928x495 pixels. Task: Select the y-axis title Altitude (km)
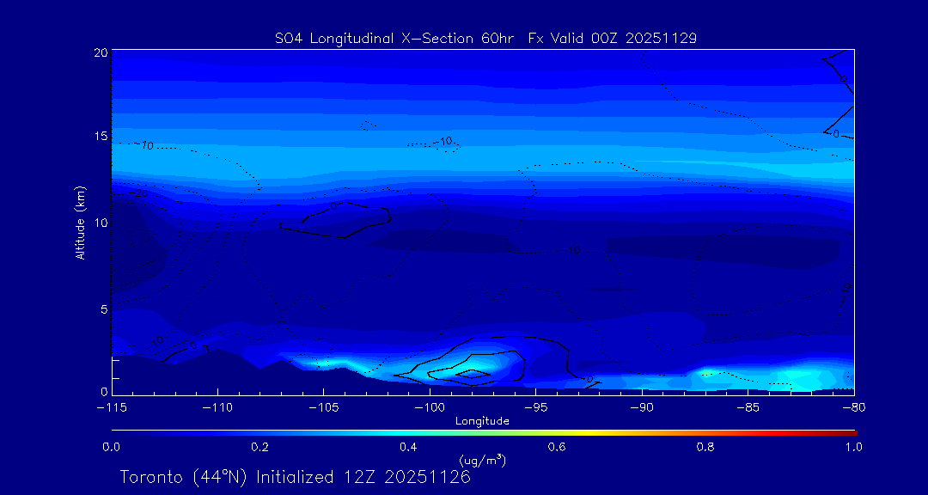(80, 223)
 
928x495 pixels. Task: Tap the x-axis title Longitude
(482, 421)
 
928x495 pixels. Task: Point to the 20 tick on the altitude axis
(100, 52)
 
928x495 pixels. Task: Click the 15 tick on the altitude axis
(100, 137)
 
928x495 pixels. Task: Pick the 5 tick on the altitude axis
(103, 309)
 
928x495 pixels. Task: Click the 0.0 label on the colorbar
(112, 447)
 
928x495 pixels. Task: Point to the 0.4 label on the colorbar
(408, 447)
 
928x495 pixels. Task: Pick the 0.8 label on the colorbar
(705, 447)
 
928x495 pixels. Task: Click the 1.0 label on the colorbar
(853, 447)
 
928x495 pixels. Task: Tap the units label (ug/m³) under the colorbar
(482, 461)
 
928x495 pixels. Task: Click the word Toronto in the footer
(150, 477)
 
